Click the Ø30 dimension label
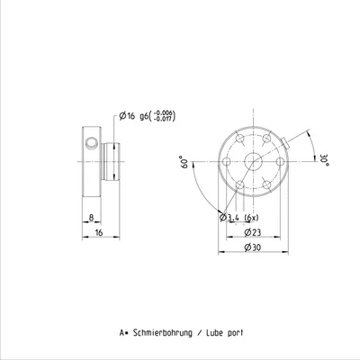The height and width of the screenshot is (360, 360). [253, 247]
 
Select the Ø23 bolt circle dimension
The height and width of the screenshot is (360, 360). [253, 232]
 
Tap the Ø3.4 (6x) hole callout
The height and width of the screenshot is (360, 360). [238, 218]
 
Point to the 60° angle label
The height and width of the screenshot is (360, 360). [184, 162]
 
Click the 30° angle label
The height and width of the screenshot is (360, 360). [325, 160]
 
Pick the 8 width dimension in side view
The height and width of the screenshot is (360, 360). [91, 218]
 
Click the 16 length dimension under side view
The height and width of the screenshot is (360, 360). [99, 232]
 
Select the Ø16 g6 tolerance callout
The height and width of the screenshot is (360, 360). [147, 116]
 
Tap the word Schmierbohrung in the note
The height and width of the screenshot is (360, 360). [162, 333]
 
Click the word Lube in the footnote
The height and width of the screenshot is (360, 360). [213, 333]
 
